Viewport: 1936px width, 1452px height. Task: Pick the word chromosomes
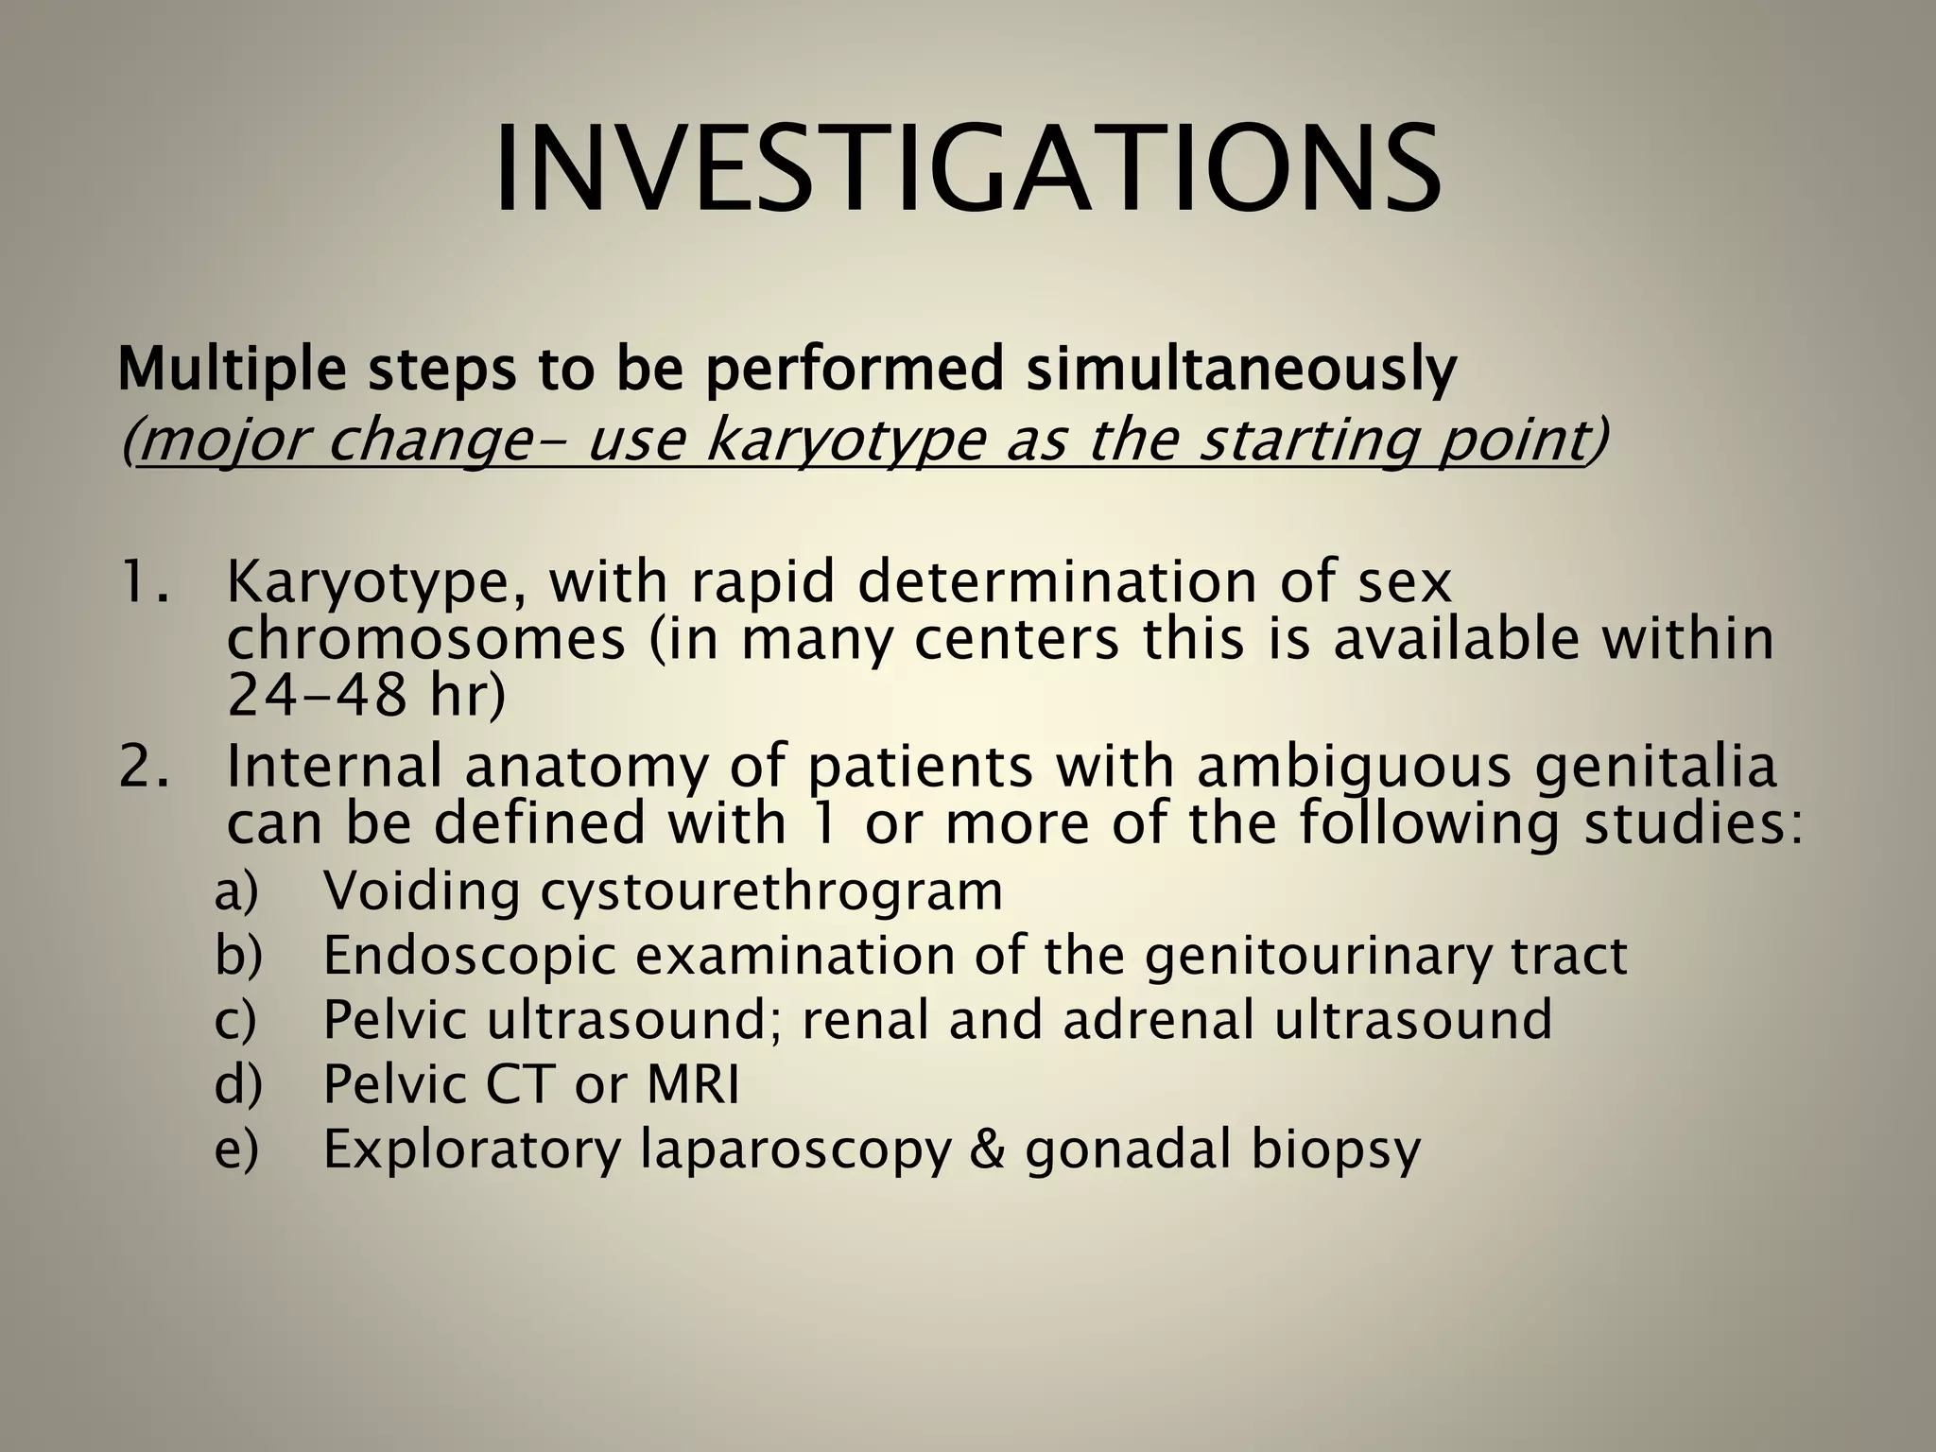point(426,639)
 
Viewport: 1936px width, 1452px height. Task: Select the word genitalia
point(1654,768)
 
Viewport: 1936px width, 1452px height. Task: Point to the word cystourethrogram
point(771,892)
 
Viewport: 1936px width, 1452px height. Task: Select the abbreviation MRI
point(693,1084)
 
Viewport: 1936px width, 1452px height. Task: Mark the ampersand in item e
point(987,1149)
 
